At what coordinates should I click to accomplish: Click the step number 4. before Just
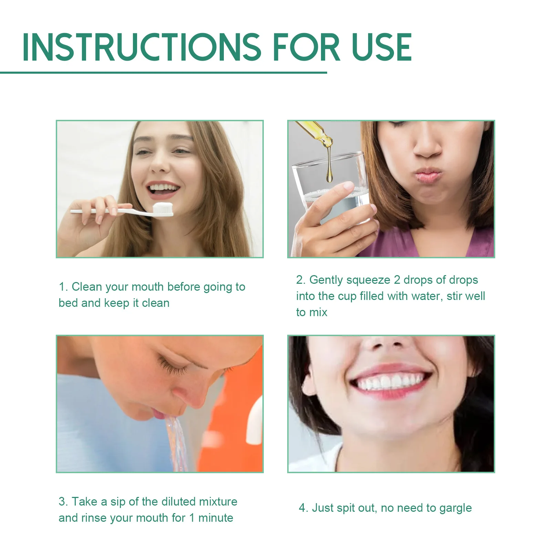click(303, 508)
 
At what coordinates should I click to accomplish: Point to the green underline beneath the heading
click(163, 73)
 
